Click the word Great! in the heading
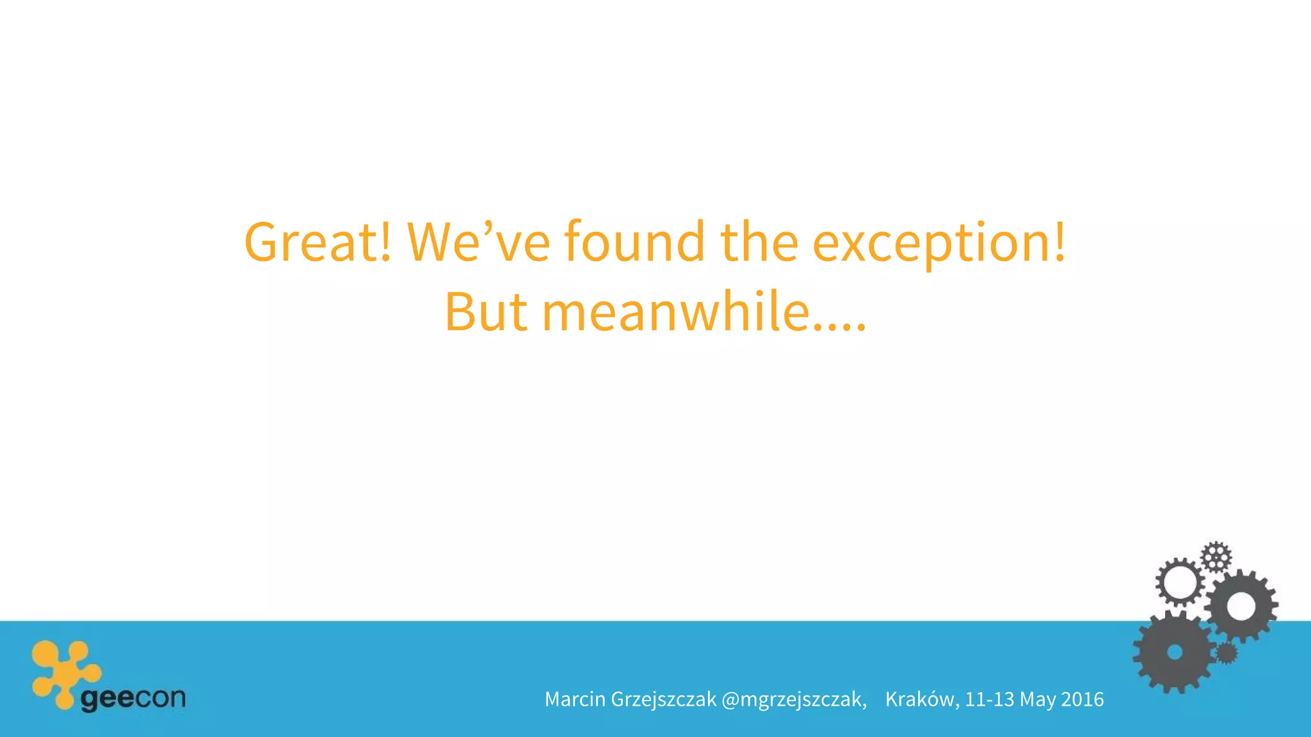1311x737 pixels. pyautogui.click(x=318, y=242)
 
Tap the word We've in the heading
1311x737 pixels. pyautogui.click(x=478, y=242)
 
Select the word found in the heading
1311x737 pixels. pyautogui.click(x=634, y=242)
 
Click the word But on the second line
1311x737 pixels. pyautogui.click(x=486, y=312)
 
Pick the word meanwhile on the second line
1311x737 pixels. pyautogui.click(x=676, y=312)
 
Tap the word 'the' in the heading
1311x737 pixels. pyautogui.click(x=759, y=242)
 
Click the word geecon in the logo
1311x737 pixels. pyautogui.click(x=133, y=698)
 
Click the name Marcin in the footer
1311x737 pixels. pyautogui.click(x=575, y=699)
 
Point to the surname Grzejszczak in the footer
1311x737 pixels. pyautogui.click(x=664, y=700)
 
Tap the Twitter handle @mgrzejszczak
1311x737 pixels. pyautogui.click(x=794, y=700)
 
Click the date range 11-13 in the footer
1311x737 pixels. pyautogui.click(x=990, y=699)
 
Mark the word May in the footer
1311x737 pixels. pyautogui.click(x=1037, y=700)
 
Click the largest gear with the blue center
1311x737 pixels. pyautogui.click(x=1174, y=652)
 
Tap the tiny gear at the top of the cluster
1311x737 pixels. pyautogui.click(x=1216, y=557)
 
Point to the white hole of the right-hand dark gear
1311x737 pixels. pyautogui.click(x=1241, y=606)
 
